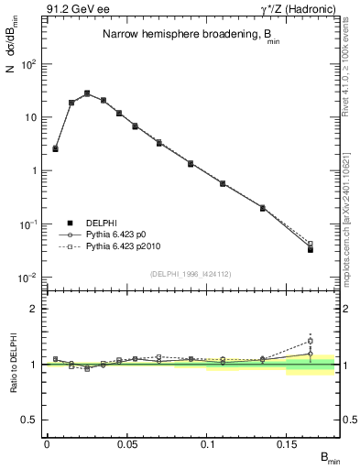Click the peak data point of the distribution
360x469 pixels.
point(87,93)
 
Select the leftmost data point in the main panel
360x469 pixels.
point(55,147)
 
